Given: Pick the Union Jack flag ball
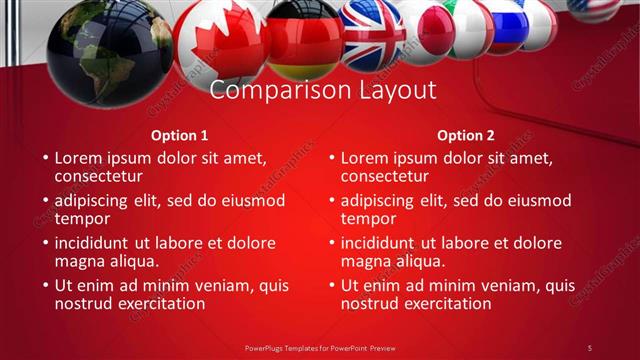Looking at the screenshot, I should point(371,32).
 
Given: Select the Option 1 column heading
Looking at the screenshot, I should point(180,135).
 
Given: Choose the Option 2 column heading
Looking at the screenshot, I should point(466,135).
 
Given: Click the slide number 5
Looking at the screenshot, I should point(590,347).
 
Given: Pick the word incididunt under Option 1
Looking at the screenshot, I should point(101,242).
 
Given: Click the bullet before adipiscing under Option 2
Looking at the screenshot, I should point(331,200).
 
